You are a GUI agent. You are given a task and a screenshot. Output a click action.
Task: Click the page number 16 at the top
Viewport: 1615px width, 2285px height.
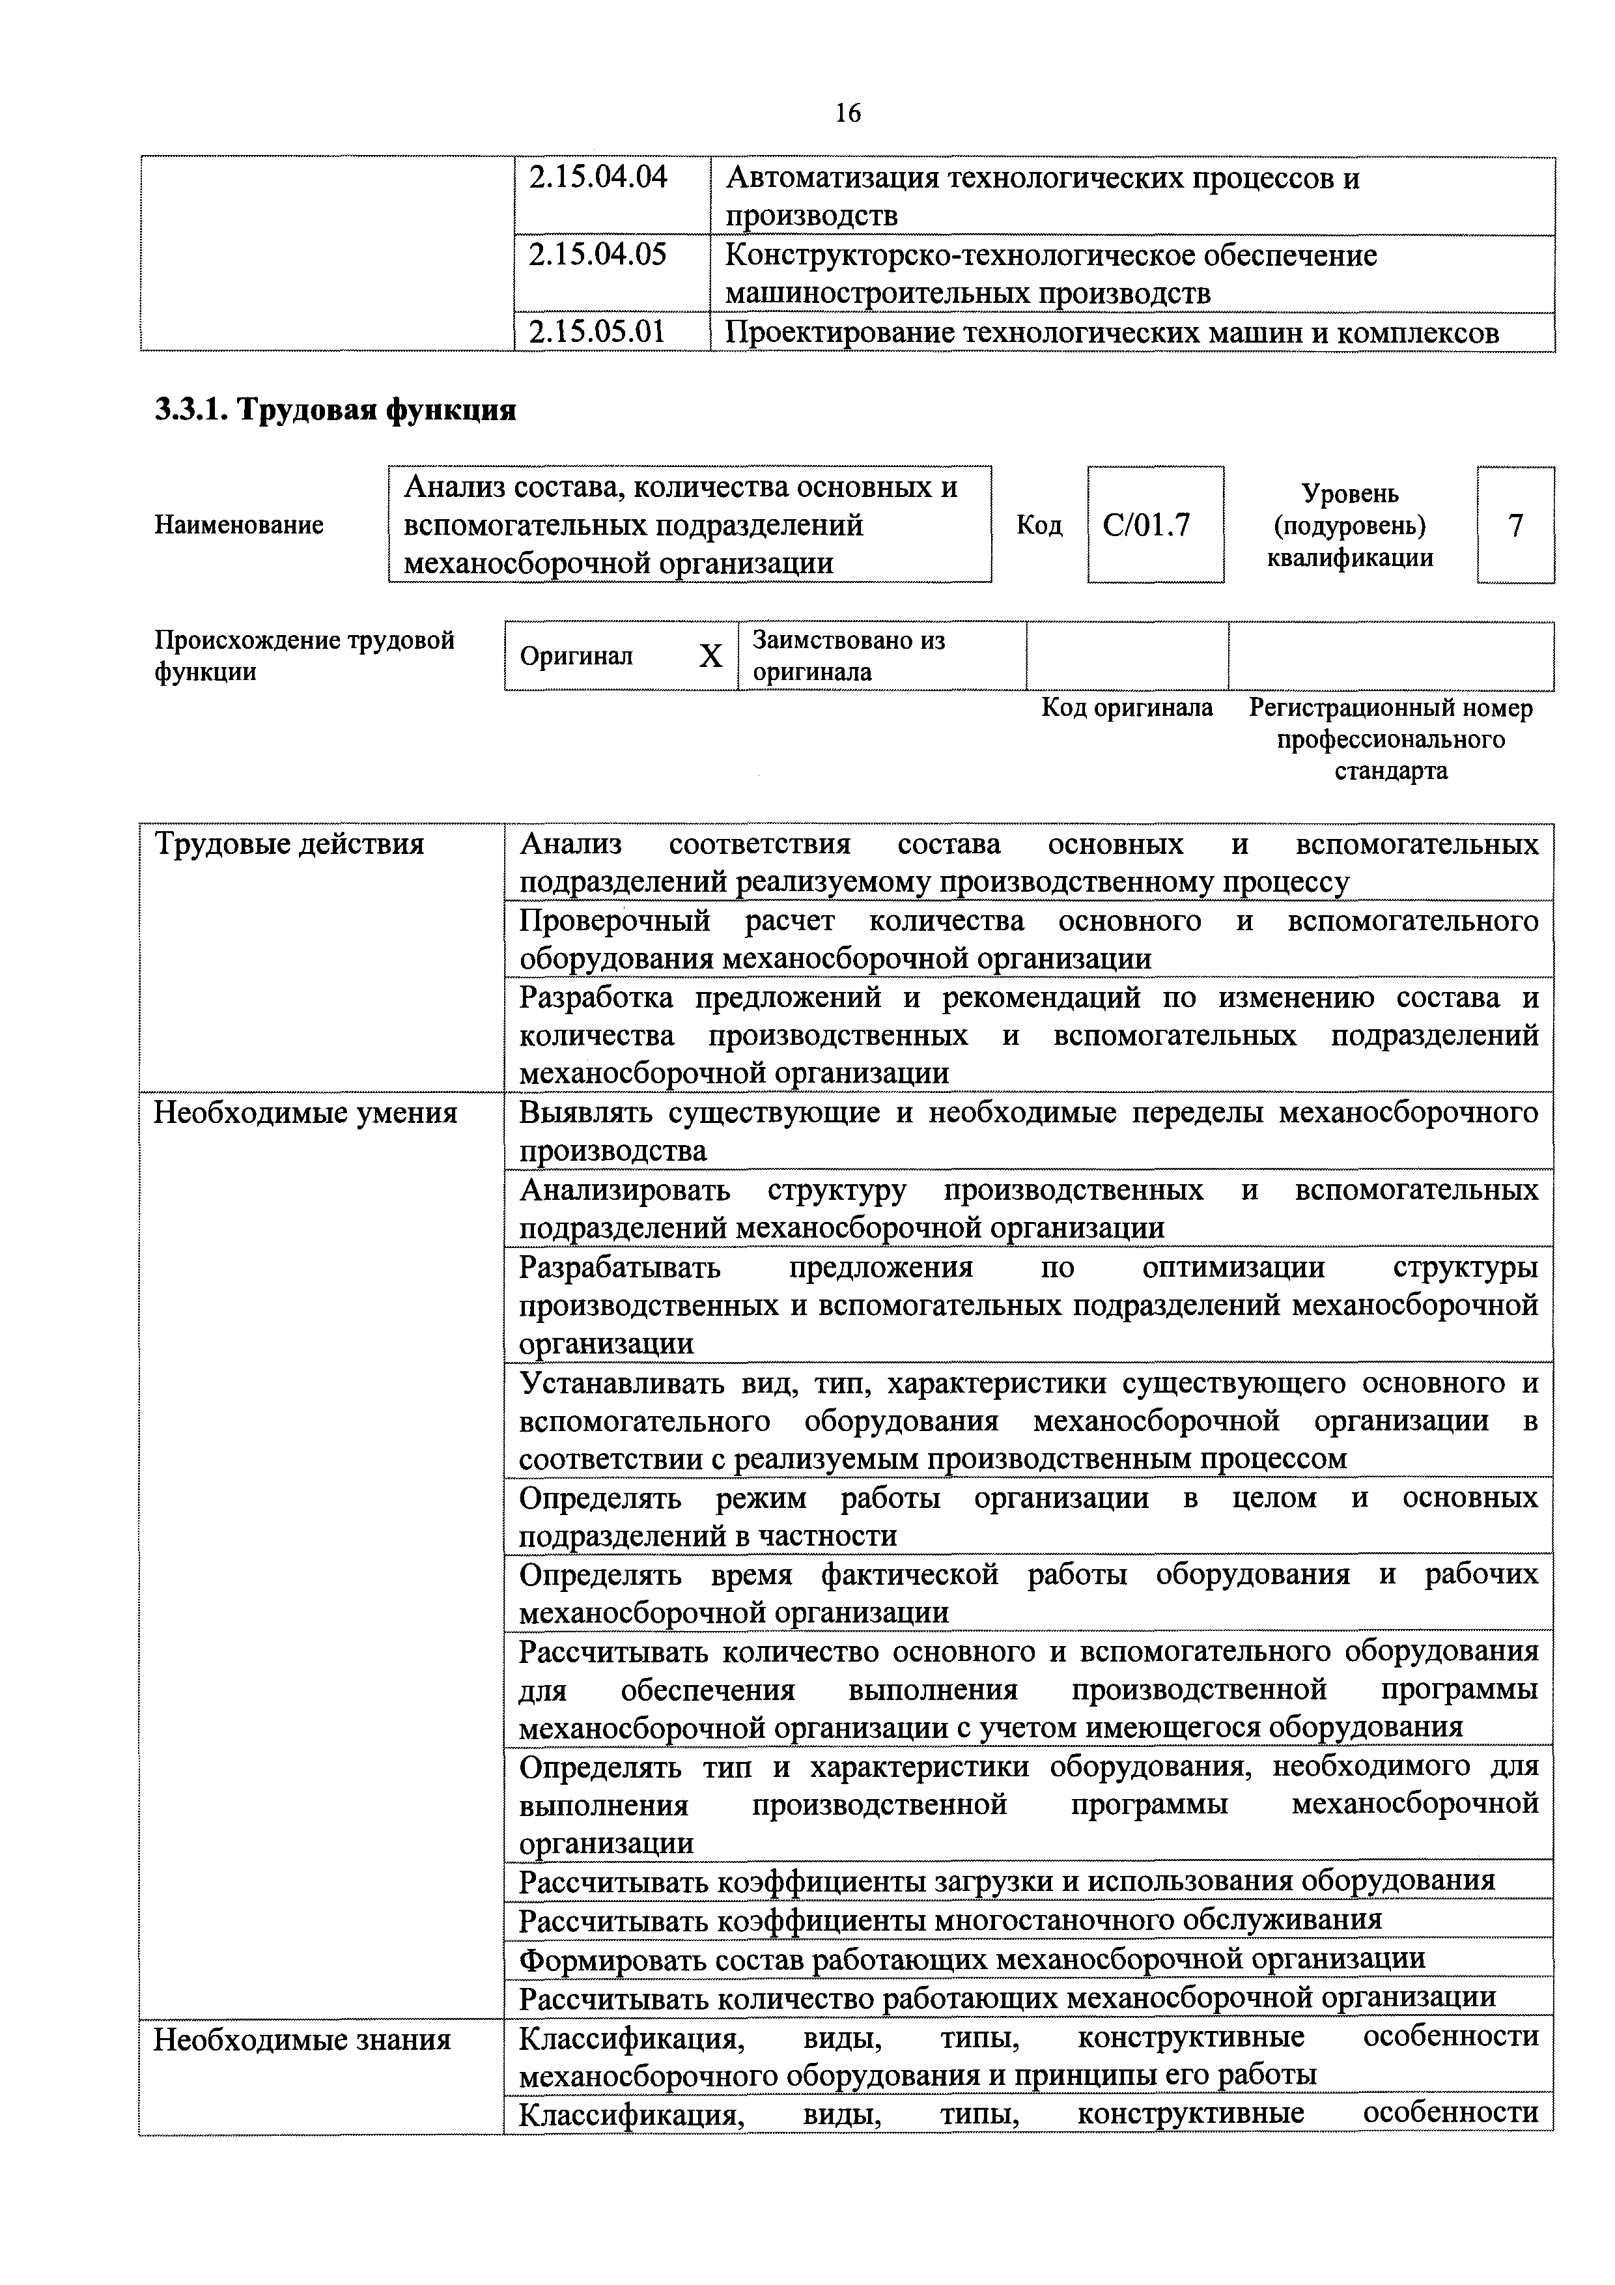pyautogui.click(x=848, y=113)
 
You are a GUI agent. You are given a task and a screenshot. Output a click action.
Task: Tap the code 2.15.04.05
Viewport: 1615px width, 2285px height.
pyautogui.click(x=598, y=256)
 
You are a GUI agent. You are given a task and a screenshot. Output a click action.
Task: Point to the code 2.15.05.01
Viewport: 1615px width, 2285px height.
pyautogui.click(x=598, y=332)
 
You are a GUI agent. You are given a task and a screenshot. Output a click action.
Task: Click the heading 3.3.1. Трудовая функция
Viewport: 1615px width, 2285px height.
pyautogui.click(x=335, y=410)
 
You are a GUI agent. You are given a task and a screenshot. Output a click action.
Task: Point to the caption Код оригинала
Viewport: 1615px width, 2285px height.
pyautogui.click(x=1127, y=707)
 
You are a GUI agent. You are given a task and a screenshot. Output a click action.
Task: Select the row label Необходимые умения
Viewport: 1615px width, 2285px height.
pyautogui.click(x=305, y=1113)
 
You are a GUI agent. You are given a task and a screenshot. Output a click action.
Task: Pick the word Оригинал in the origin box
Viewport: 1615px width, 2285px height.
pyautogui.click(x=576, y=657)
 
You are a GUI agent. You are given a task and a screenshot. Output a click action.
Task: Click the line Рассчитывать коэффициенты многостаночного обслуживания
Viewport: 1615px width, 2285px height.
pyautogui.click(x=950, y=1920)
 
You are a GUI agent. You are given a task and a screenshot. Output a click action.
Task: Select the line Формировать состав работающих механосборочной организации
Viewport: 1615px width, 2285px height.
pyautogui.click(x=972, y=1959)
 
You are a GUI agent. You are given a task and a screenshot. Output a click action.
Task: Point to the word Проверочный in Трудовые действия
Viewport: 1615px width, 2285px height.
pyautogui.click(x=615, y=922)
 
